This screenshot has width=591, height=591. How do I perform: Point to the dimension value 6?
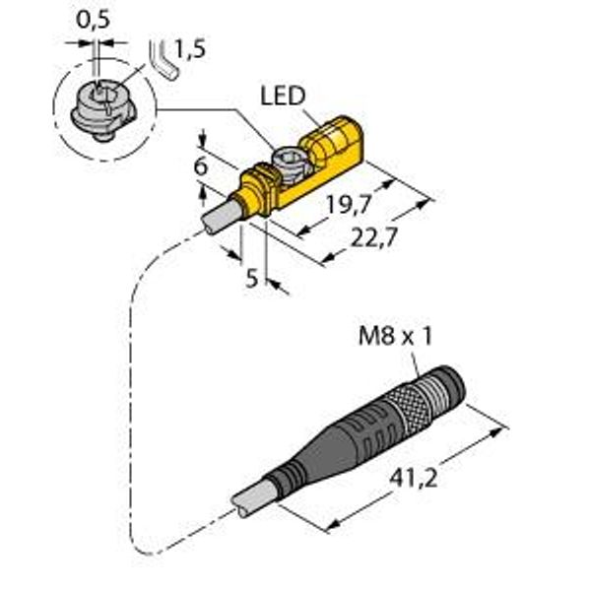(200, 167)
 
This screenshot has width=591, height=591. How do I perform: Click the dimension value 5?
(252, 279)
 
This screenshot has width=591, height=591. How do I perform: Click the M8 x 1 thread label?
(394, 339)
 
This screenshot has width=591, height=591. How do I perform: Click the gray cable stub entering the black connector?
(250, 501)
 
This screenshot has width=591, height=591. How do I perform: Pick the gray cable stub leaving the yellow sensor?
(220, 213)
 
